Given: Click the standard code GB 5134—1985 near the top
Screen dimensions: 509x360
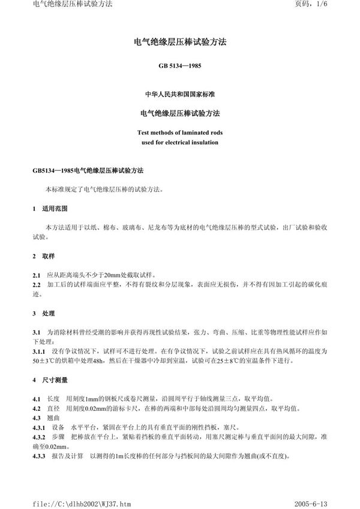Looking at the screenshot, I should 179,66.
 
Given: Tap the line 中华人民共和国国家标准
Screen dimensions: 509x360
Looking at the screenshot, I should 179,95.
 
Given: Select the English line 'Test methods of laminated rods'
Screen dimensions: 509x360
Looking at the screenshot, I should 179,132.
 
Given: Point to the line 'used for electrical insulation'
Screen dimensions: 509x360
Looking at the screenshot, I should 179,143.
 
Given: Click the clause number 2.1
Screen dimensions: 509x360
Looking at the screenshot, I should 36,275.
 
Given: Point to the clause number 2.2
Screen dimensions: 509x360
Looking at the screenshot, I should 36,285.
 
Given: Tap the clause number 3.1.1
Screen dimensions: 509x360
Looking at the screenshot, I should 40,350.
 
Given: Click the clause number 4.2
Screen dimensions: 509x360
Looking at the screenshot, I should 36,408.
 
